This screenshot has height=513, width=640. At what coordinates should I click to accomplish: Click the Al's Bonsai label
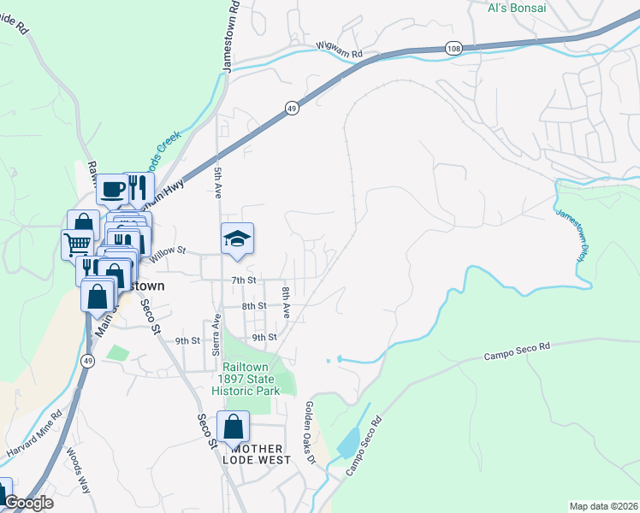click(516, 8)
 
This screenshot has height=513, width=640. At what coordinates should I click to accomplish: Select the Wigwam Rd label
click(340, 54)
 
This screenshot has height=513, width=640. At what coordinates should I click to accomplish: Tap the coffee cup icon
click(111, 189)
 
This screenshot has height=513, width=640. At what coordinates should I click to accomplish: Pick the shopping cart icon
click(77, 244)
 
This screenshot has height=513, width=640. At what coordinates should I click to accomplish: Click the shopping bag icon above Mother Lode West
click(233, 427)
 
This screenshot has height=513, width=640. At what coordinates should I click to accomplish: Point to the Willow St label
click(168, 251)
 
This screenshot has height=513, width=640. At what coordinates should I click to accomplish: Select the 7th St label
click(244, 280)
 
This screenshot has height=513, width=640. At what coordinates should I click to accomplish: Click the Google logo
click(28, 503)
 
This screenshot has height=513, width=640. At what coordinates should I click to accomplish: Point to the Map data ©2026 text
click(603, 505)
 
